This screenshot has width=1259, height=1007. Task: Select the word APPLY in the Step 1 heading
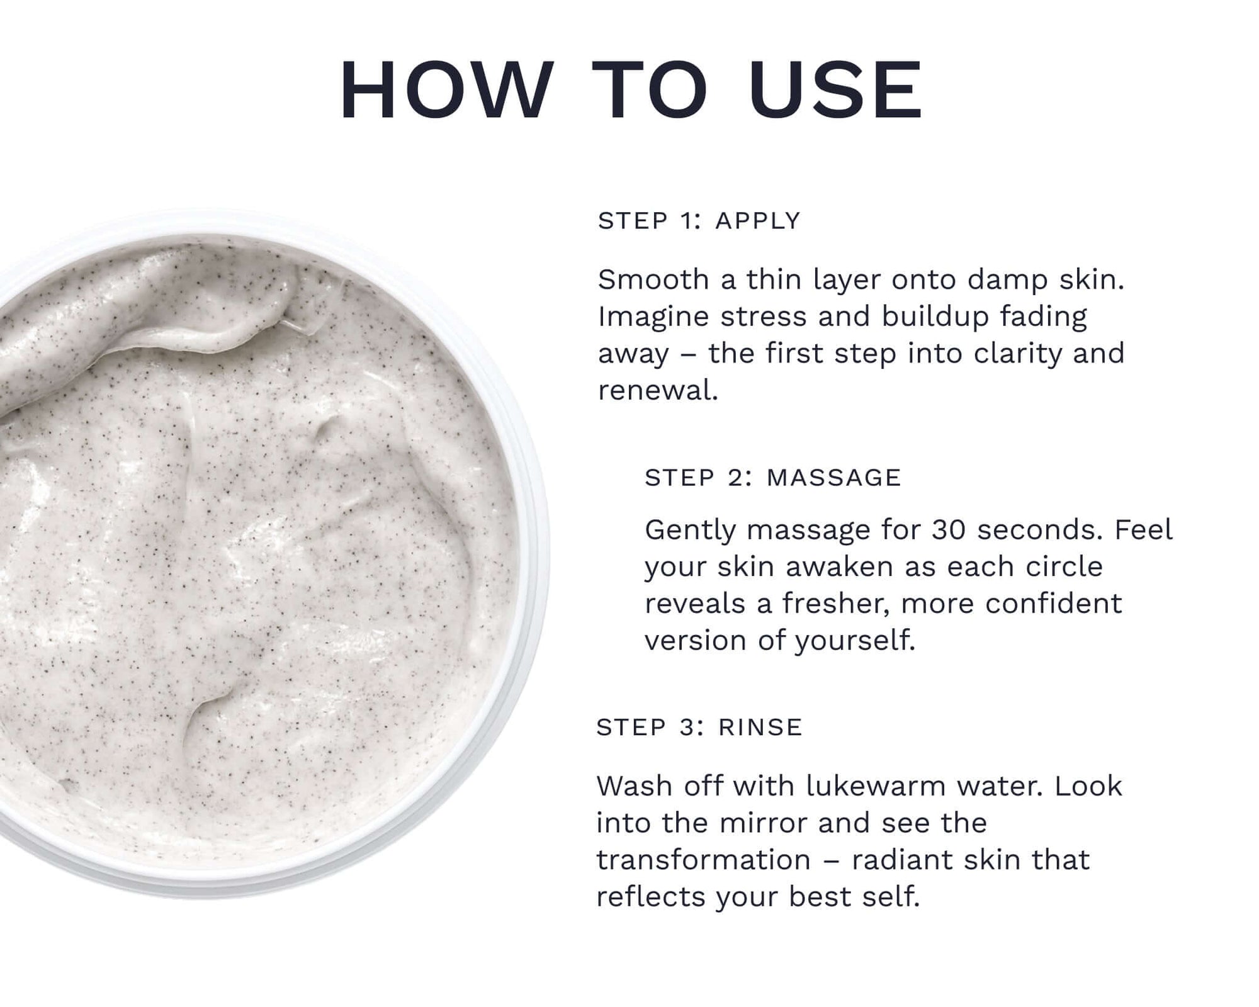[x=758, y=221]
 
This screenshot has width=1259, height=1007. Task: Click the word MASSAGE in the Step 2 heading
[x=834, y=478]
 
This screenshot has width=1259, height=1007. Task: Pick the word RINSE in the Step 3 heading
[x=760, y=727]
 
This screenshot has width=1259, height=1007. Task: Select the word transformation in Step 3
[x=704, y=860]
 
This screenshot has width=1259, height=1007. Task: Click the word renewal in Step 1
[x=658, y=391]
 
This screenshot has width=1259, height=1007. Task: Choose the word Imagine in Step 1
[x=653, y=317]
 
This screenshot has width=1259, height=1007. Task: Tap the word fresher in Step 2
[x=836, y=604]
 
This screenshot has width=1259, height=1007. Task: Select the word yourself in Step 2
[x=855, y=641]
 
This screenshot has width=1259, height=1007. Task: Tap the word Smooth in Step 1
[x=653, y=279]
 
